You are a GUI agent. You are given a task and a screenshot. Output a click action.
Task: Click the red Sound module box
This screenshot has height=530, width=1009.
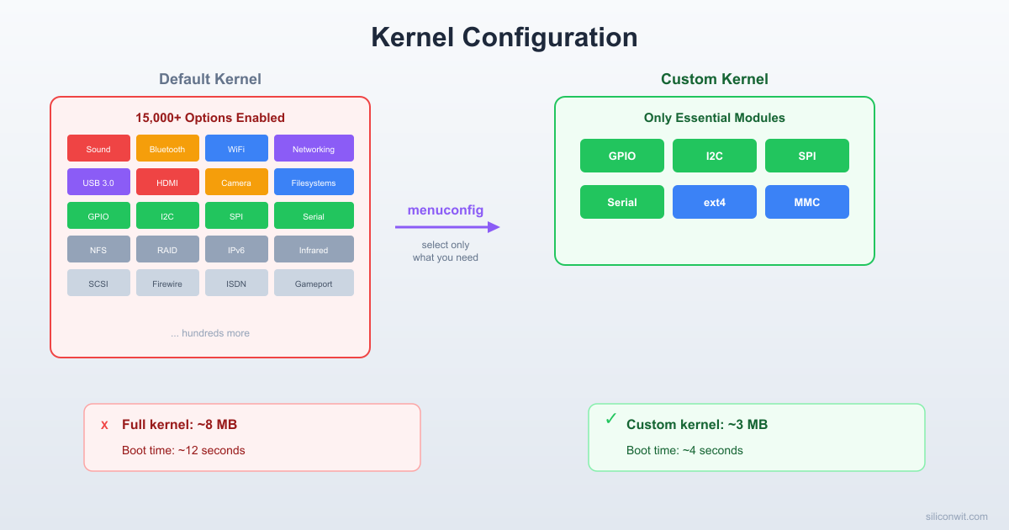tap(98, 148)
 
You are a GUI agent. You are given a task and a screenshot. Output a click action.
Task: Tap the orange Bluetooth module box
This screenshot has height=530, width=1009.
tap(167, 148)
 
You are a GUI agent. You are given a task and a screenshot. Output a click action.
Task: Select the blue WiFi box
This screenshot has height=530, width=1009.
tap(236, 148)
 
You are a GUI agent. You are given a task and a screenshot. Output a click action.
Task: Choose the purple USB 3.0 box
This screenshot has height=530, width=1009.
tap(98, 182)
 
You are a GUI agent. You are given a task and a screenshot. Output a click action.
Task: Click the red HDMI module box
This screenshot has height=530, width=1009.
tap(167, 182)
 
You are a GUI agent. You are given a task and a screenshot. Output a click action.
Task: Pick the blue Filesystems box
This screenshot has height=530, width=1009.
tap(314, 182)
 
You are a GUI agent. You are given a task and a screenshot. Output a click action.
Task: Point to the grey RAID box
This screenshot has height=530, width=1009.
tap(167, 249)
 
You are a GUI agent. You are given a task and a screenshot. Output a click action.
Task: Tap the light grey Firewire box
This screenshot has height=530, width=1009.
tap(167, 283)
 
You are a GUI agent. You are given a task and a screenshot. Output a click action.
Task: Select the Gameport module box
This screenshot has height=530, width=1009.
tap(314, 283)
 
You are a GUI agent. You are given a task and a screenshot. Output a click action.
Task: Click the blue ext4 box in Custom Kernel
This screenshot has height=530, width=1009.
tap(715, 202)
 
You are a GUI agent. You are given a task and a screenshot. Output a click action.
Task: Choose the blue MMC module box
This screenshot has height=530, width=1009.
tap(807, 202)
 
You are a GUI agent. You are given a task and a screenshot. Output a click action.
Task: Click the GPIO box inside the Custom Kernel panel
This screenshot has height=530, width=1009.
tap(622, 156)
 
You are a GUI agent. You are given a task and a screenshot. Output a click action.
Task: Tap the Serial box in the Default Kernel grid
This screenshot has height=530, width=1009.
tap(314, 215)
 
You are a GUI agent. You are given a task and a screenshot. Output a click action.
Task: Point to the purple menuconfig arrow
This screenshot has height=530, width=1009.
tap(447, 226)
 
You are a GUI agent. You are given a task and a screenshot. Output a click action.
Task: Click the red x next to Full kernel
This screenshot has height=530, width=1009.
tap(104, 426)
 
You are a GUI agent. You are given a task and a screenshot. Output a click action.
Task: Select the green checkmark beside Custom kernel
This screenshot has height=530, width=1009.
tap(611, 419)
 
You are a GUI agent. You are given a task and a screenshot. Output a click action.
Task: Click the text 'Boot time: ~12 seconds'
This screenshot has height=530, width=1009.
tap(183, 450)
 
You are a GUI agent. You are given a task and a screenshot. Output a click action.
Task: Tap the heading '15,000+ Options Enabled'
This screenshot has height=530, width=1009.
tap(210, 118)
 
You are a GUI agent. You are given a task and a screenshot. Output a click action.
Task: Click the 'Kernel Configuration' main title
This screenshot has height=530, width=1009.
tap(504, 38)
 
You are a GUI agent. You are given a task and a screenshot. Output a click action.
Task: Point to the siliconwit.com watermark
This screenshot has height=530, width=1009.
tap(956, 517)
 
